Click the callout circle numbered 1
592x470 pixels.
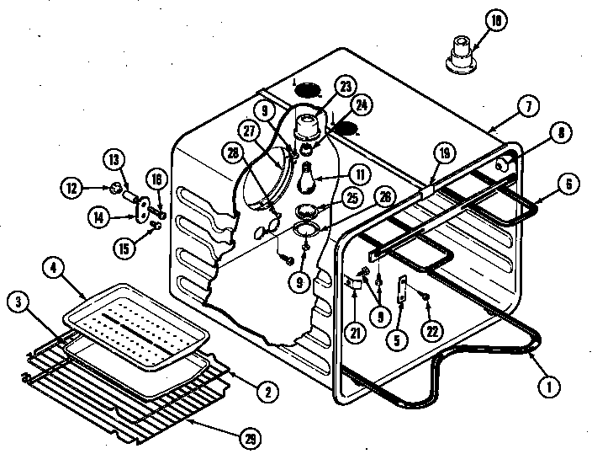coord(547,387)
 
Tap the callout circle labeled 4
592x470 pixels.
coord(53,270)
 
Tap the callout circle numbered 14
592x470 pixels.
coord(100,216)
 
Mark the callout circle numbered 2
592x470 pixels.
coord(267,390)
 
